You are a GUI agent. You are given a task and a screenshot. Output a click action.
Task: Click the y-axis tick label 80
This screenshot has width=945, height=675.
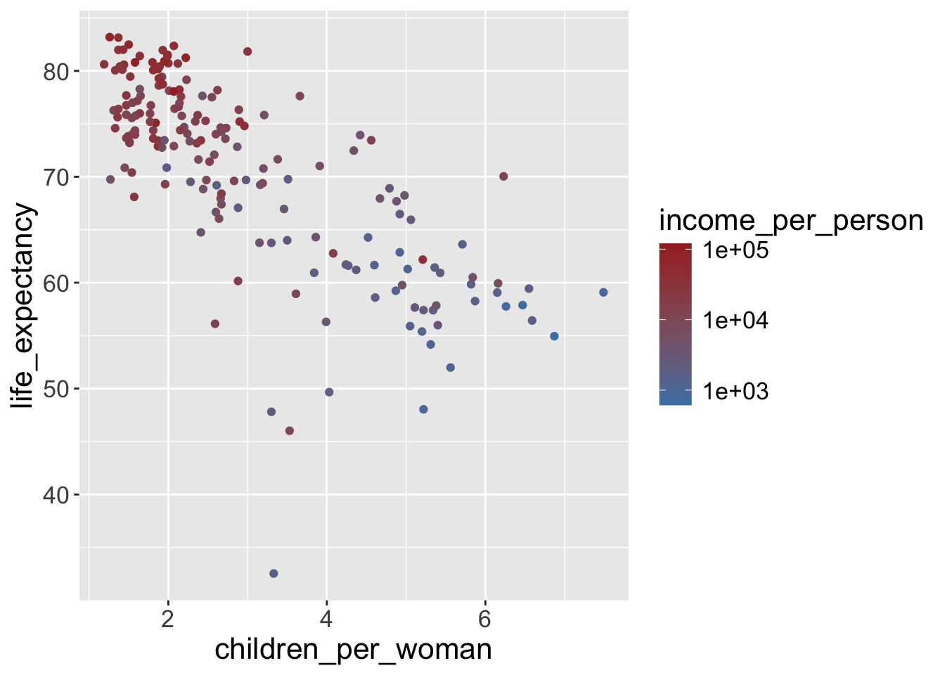pos(56,72)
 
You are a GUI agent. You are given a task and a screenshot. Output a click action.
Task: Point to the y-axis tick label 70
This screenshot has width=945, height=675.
pos(56,177)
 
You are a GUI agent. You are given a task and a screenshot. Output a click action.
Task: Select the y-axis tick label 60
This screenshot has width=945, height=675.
pos(56,283)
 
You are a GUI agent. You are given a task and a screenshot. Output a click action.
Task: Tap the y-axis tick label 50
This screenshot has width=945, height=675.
pos(56,389)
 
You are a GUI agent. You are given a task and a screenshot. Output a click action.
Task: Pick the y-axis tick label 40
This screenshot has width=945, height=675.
pos(56,495)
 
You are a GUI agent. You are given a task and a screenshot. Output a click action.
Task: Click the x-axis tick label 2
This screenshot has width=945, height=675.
pos(168,619)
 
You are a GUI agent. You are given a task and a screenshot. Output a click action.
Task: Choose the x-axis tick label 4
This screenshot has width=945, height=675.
pos(326,619)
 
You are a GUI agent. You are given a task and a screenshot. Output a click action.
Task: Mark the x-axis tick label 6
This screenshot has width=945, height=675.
pos(484,619)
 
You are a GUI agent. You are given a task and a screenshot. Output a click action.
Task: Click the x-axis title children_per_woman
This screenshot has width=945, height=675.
pos(353,650)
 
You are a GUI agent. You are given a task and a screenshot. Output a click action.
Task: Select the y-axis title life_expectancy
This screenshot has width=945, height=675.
pos(23,306)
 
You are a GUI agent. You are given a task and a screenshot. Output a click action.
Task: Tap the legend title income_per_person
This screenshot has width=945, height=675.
pos(791,221)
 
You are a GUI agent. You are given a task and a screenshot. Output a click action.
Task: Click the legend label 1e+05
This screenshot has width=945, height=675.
pos(736,250)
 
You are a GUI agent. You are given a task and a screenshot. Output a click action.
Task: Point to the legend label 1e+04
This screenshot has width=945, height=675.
pos(736,321)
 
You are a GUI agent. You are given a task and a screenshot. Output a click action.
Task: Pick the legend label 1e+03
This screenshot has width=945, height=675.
pos(736,391)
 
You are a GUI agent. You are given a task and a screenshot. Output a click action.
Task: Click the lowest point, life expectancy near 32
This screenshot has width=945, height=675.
pos(274,574)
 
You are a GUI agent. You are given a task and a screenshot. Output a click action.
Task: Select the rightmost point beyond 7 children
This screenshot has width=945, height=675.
pos(603,292)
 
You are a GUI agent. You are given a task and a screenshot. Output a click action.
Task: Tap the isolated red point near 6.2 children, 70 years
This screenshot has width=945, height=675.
pos(503,176)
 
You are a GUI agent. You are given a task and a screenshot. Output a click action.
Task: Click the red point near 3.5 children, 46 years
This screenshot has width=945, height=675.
pos(290,431)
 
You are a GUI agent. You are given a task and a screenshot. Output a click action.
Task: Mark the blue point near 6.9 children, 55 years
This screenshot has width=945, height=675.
pos(554,336)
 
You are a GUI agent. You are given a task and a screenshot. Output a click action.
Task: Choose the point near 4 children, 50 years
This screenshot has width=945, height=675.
pos(329,392)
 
